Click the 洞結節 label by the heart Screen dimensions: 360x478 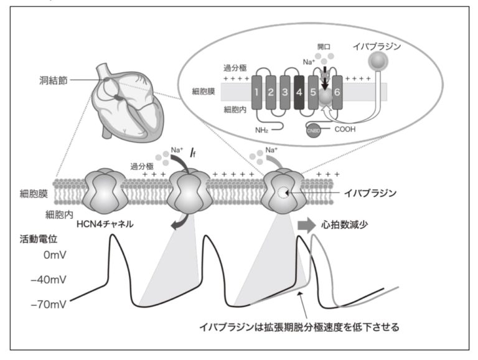click(52, 80)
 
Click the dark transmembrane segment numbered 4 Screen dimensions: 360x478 click(299, 94)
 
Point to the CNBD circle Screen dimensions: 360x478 click(313, 129)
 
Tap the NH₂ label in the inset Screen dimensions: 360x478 click(261, 130)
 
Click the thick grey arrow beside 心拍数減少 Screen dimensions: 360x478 click(307, 224)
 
